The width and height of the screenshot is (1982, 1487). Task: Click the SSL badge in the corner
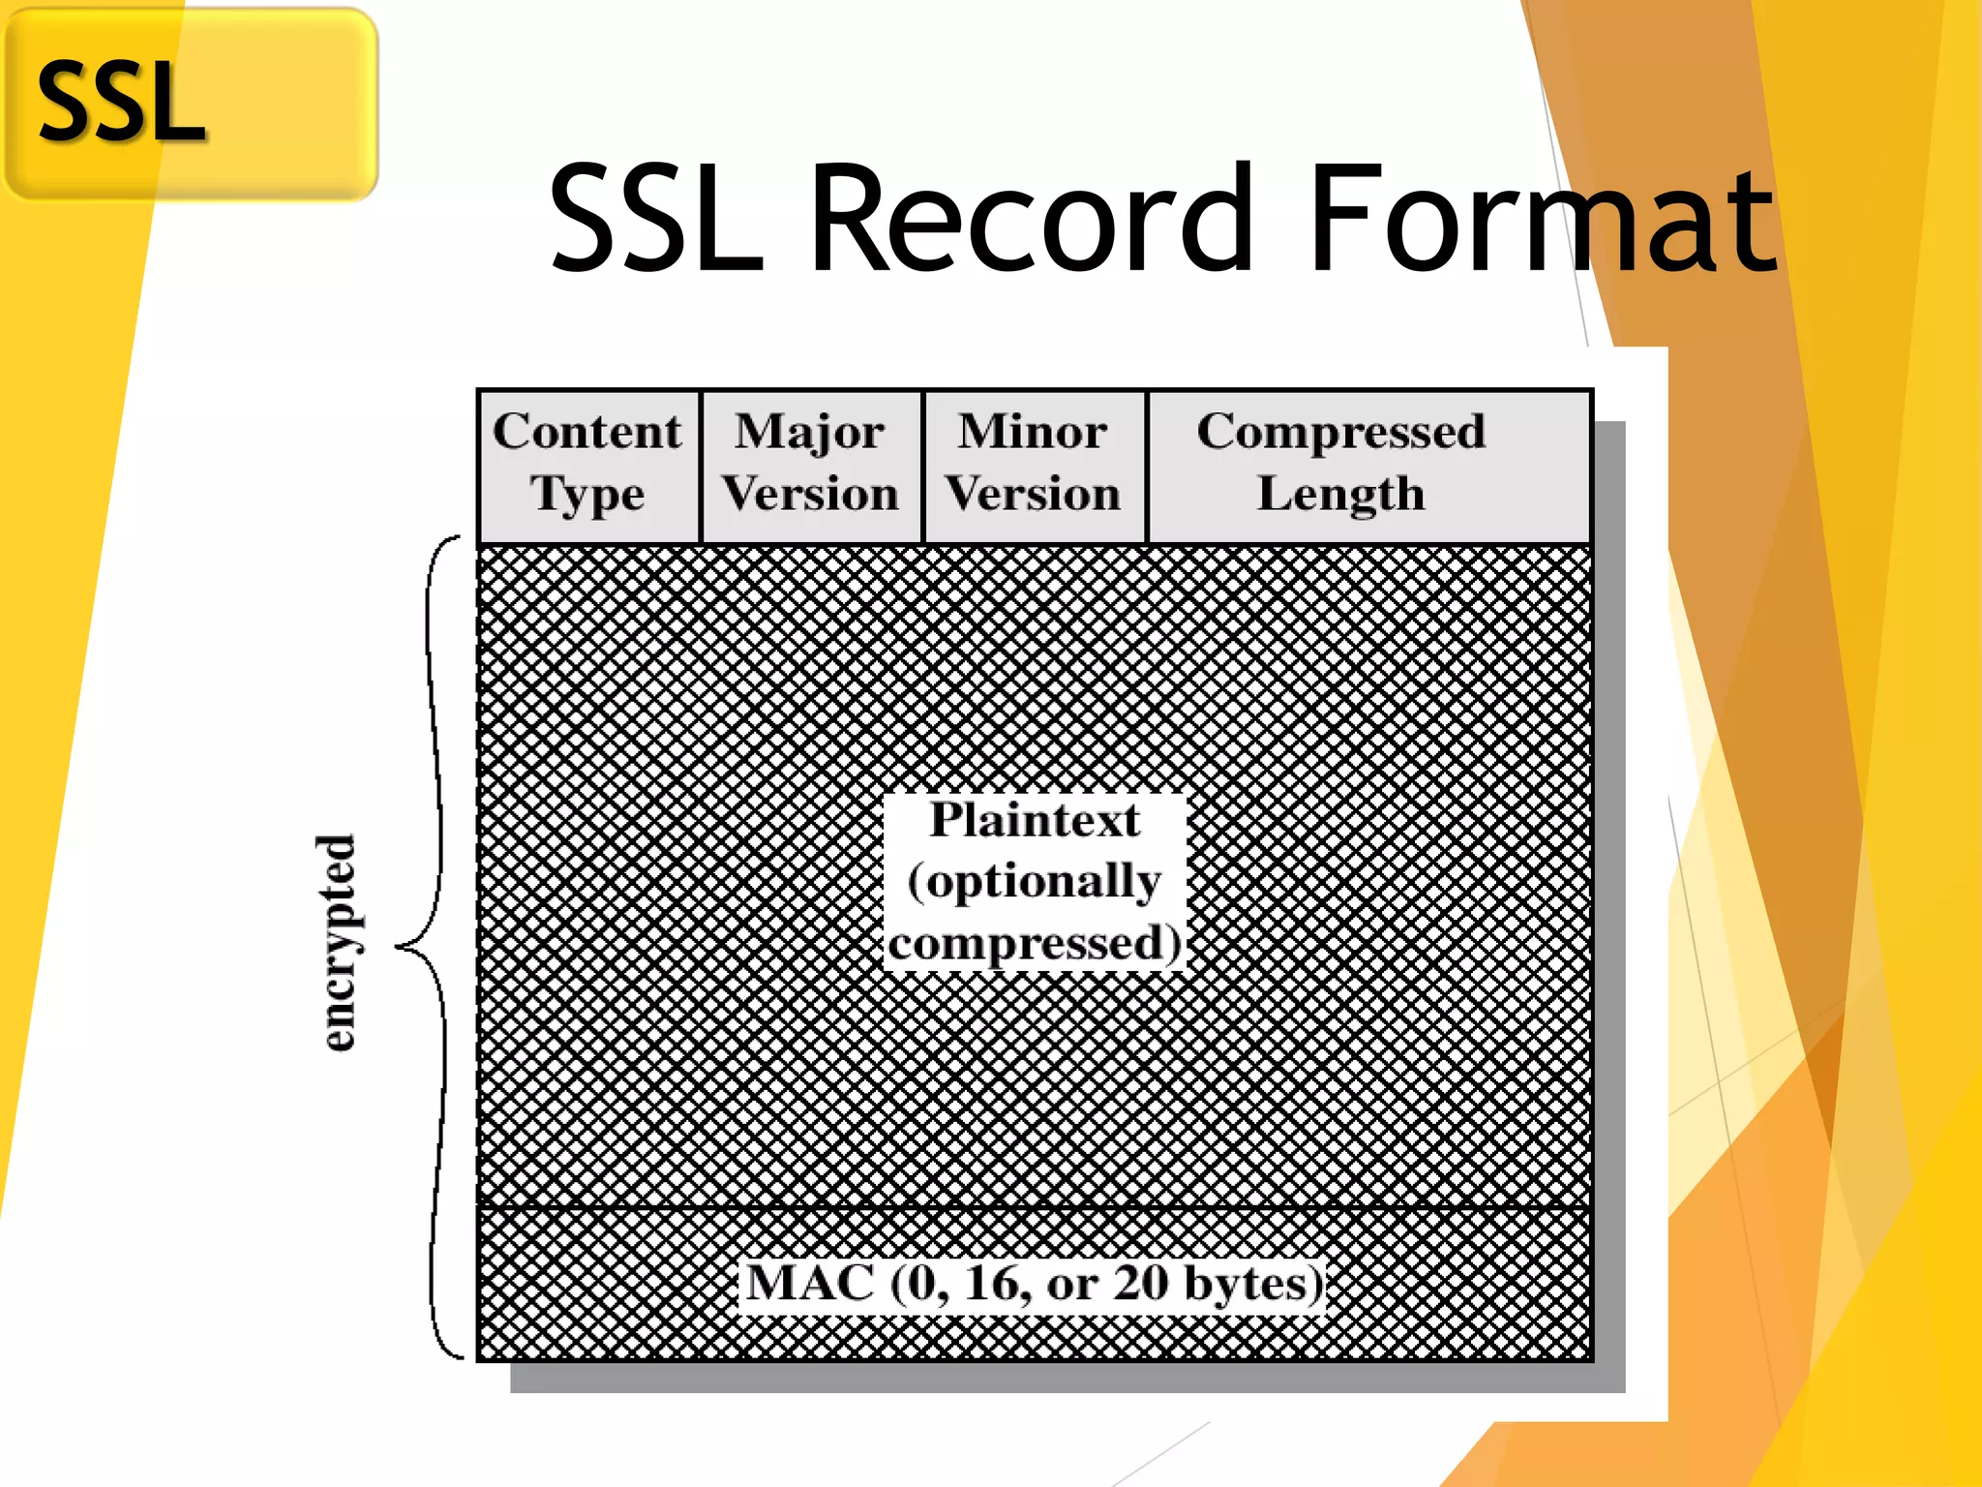pyautogui.click(x=190, y=103)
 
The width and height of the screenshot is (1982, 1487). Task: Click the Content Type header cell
pyautogui.click(x=588, y=465)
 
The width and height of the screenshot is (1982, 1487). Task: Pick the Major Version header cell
pyautogui.click(x=811, y=465)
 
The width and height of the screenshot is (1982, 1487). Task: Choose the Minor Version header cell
pyautogui.click(x=1034, y=465)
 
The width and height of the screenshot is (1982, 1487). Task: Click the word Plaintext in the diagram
pyautogui.click(x=1035, y=819)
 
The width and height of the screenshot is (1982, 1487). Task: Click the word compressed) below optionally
pyautogui.click(x=1035, y=944)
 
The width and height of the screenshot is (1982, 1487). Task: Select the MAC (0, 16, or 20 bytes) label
pyautogui.click(x=1034, y=1284)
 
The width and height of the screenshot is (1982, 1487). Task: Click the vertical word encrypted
pyautogui.click(x=338, y=942)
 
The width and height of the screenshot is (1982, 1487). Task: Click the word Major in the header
pyautogui.click(x=809, y=432)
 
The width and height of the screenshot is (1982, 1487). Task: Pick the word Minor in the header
pyautogui.click(x=1033, y=431)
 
